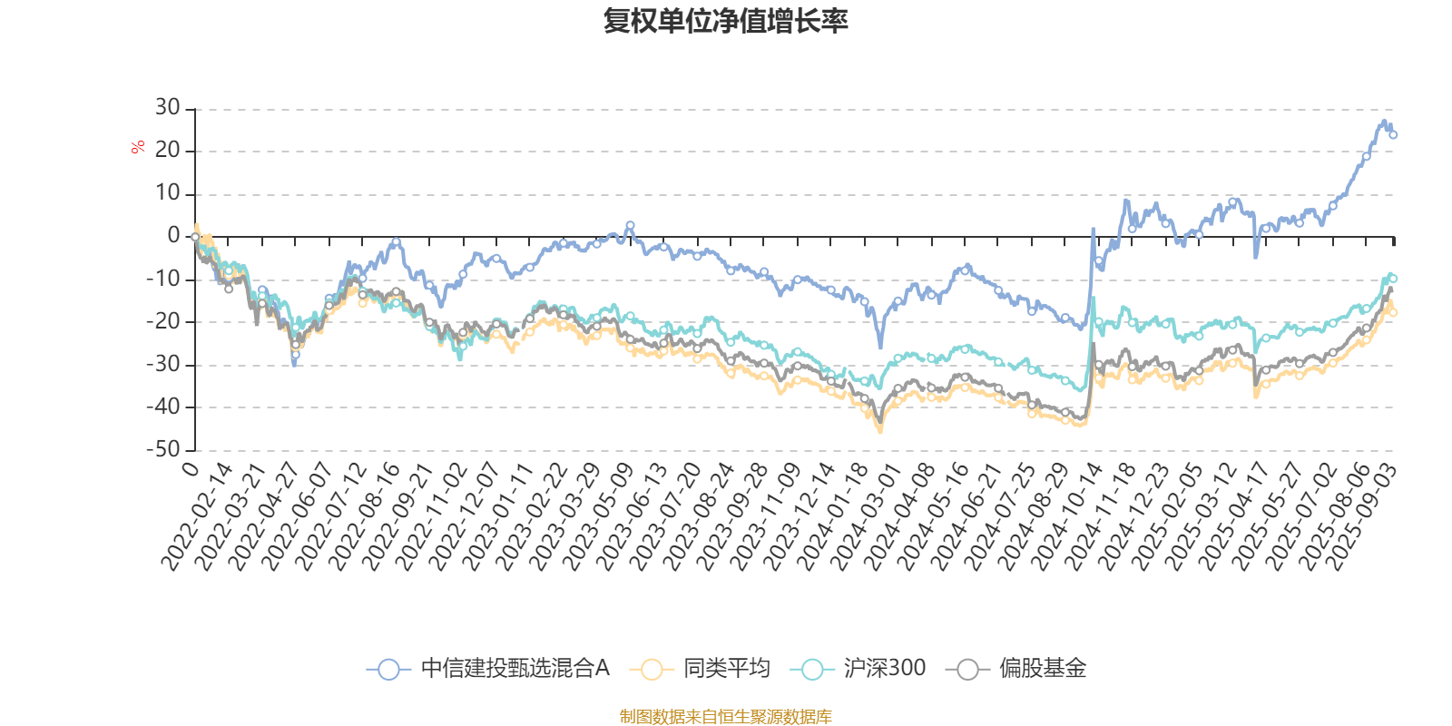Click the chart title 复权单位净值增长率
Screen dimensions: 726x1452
coord(726,21)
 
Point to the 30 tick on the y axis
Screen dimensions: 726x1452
coord(168,108)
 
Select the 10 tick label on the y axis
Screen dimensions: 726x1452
coord(168,193)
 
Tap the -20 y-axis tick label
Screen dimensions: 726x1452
coord(163,322)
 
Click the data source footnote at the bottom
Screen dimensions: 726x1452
coord(726,717)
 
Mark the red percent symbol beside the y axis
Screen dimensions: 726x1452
coord(138,147)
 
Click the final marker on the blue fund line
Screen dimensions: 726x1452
coord(1393,135)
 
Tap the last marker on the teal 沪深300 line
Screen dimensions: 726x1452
coord(1393,279)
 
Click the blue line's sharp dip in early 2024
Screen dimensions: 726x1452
coord(879,346)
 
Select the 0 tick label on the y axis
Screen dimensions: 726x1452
coord(173,236)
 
